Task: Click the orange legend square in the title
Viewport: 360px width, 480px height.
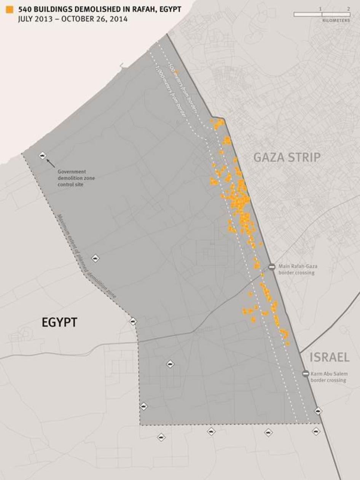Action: pyautogui.click(x=9, y=10)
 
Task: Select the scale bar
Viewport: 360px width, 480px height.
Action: pyautogui.click(x=322, y=14)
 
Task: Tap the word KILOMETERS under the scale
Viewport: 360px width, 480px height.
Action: pyautogui.click(x=336, y=21)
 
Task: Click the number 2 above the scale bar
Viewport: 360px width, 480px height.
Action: pyautogui.click(x=348, y=8)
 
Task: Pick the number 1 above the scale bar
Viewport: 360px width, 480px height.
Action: pyautogui.click(x=320, y=8)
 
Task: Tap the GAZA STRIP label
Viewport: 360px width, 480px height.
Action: pyautogui.click(x=287, y=157)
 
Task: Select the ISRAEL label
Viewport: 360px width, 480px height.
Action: pyautogui.click(x=329, y=357)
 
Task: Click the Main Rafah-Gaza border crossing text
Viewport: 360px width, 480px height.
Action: pyautogui.click(x=298, y=270)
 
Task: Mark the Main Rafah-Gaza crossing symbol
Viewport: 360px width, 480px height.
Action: pyautogui.click(x=272, y=267)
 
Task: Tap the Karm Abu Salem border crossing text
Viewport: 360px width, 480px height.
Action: pyautogui.click(x=329, y=377)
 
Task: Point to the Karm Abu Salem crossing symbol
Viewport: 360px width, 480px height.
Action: pyautogui.click(x=305, y=374)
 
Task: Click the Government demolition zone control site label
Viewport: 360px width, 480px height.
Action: pyautogui.click(x=72, y=178)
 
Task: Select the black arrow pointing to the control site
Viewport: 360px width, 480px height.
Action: pyautogui.click(x=51, y=163)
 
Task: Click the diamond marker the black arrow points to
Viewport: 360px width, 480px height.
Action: pyautogui.click(x=42, y=155)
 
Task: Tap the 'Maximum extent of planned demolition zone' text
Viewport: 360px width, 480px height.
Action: pyautogui.click(x=86, y=257)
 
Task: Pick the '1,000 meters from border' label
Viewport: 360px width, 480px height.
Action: pyautogui.click(x=170, y=91)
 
